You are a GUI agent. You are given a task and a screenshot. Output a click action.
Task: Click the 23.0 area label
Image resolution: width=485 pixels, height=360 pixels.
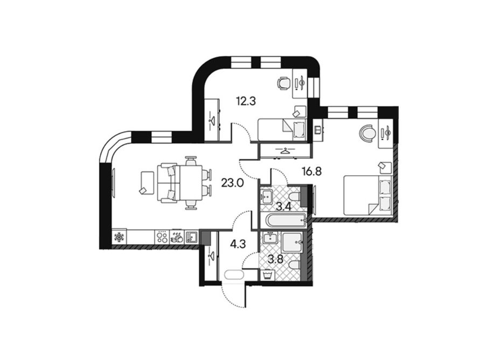point(232,183)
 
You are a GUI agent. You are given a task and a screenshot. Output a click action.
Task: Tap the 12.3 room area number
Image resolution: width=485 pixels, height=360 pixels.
point(246,101)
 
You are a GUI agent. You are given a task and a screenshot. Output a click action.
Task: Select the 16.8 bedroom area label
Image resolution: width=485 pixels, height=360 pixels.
point(311,171)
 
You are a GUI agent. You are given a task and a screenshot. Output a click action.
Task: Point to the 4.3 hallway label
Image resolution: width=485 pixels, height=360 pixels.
point(238,244)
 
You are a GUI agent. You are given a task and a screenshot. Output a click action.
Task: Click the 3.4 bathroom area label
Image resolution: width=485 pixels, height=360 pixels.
point(283,206)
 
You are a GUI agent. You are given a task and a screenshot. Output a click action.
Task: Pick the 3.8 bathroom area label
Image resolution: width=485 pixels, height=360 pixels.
point(275,259)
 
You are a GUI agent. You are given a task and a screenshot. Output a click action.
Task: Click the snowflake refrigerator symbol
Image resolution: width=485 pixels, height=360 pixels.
point(119,237)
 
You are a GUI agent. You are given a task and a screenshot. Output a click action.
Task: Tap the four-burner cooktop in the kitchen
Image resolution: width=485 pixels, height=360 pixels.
point(161,237)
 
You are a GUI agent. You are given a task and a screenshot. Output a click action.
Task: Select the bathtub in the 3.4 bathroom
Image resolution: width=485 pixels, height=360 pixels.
point(287,221)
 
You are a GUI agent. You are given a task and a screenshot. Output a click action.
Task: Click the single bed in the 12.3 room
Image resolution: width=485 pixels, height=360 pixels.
point(282,129)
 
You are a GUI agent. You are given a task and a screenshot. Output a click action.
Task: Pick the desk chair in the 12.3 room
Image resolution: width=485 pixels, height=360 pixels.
point(283,83)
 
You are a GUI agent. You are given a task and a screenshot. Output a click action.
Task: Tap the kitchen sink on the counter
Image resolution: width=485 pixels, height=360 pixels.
point(192,237)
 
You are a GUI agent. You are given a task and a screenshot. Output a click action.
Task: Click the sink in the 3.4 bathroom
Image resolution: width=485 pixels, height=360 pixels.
point(266,196)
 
